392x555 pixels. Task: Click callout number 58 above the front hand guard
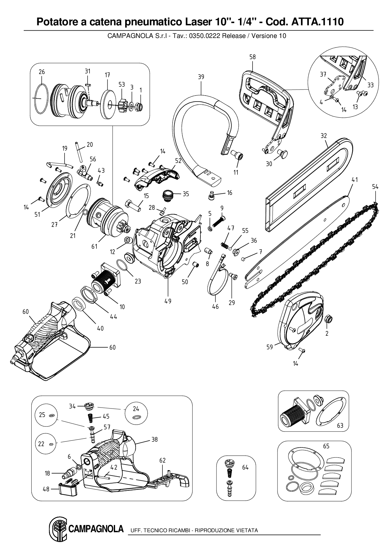(x=253, y=57)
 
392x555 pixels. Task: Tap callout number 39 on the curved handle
(x=201, y=77)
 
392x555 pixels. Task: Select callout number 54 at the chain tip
(x=375, y=187)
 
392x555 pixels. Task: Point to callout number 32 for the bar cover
(x=323, y=136)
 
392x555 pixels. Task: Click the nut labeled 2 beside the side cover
(x=328, y=319)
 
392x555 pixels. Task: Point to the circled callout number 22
(x=41, y=444)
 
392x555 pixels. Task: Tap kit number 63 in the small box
(x=340, y=425)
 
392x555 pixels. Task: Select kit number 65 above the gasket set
(x=326, y=446)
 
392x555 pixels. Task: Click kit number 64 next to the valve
(x=245, y=467)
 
